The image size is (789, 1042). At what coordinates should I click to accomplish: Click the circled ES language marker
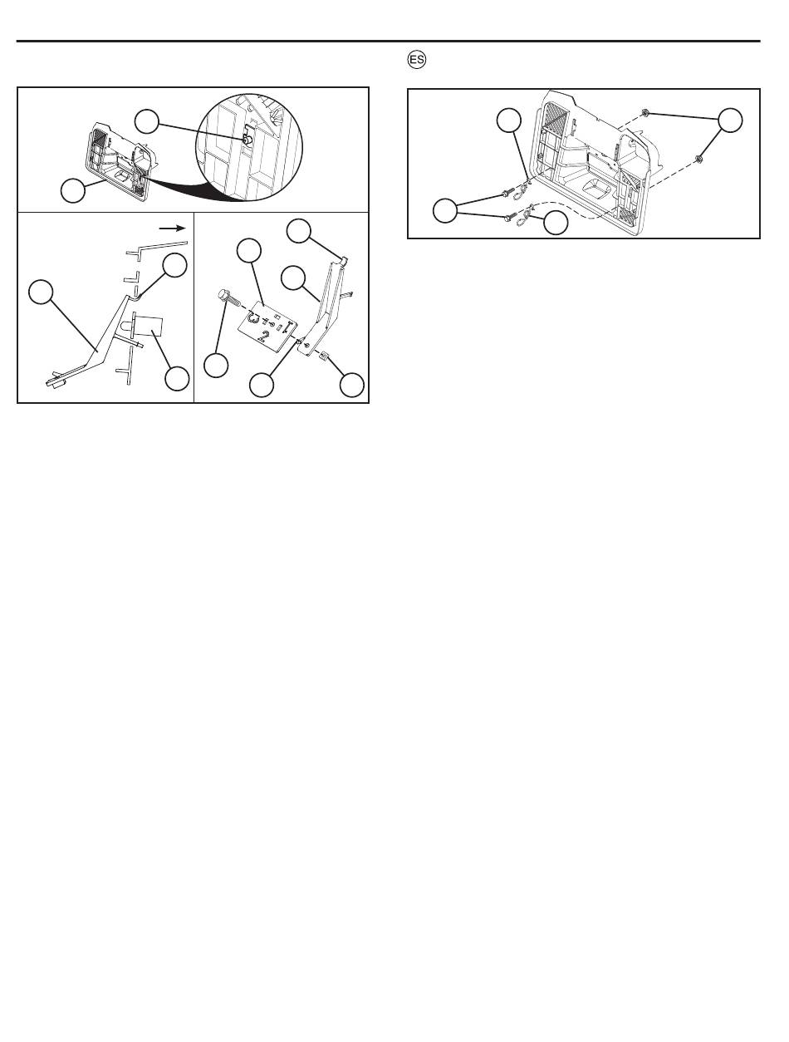coord(417,60)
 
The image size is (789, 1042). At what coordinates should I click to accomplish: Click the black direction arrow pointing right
coord(172,229)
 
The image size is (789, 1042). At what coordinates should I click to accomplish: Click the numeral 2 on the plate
coord(262,337)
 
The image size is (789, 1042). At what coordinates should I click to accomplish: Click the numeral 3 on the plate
coord(254,317)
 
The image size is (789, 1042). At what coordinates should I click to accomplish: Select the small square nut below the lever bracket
coord(325,355)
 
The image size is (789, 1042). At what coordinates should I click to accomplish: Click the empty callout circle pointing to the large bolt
coord(216,366)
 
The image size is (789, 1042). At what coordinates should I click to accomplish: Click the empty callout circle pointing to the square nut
coord(352,385)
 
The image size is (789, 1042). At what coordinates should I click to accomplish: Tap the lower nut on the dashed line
coord(698,159)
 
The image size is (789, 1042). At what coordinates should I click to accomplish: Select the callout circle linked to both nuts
coord(730,120)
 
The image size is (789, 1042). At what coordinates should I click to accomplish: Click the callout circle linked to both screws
coord(445,211)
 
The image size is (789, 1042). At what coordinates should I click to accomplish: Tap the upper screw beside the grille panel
coord(507,194)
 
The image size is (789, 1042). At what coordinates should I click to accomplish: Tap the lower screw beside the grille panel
coord(510,218)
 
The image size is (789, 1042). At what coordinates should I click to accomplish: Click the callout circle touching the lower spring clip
coord(556,224)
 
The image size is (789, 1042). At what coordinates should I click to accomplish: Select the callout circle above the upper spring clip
coord(509,120)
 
